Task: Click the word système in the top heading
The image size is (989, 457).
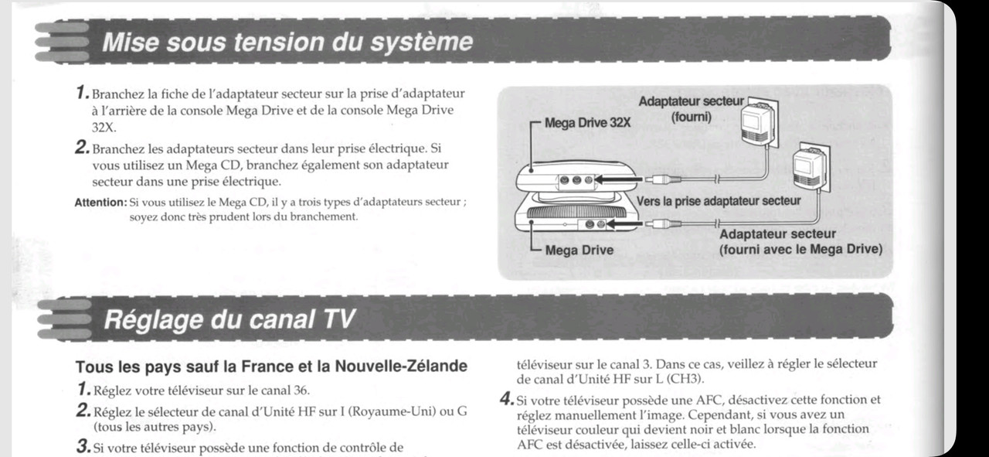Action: [416, 41]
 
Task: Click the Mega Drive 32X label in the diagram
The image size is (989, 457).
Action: [588, 121]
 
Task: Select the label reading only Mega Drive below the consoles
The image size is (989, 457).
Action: [579, 250]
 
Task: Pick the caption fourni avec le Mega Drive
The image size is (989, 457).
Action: [800, 249]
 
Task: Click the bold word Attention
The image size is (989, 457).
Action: [100, 203]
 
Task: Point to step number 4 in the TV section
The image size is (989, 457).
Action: [505, 400]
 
